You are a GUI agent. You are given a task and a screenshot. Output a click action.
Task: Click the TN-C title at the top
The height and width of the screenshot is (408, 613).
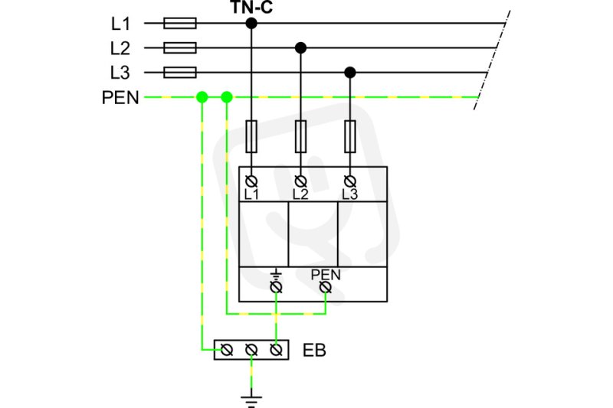coord(251,7)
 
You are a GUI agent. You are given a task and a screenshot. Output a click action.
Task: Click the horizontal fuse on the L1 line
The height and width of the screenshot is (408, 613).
coord(180,23)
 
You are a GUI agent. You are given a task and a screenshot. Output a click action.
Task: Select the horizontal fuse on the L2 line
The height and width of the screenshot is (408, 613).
coord(180,47)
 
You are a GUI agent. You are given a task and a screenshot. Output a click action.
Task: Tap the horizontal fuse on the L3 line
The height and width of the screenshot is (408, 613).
coord(180,72)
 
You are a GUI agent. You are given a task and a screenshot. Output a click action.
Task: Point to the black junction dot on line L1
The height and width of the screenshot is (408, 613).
coord(251,24)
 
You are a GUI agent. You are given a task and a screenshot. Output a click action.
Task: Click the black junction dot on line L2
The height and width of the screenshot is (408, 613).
coord(300,48)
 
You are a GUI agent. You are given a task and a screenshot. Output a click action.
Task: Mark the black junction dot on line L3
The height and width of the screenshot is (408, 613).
coord(350,73)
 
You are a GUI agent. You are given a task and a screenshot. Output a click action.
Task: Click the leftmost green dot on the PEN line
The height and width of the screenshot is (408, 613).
coord(202,96)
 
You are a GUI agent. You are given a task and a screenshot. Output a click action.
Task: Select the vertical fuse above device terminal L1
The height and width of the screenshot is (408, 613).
coord(251,136)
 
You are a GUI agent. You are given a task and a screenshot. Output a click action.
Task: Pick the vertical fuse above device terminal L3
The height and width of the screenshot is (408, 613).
coord(350,136)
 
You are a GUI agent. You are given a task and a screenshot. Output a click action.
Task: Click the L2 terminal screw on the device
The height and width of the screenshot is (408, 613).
coord(300,181)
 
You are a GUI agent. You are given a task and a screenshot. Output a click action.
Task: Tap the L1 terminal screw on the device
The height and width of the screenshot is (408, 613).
coord(251,181)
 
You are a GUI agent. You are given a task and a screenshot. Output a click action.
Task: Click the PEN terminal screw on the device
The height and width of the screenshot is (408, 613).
coord(325,288)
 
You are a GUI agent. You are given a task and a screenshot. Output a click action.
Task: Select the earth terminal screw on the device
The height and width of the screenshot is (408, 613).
coord(277,288)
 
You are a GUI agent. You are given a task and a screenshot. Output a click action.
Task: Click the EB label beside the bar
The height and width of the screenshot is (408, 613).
coord(314,351)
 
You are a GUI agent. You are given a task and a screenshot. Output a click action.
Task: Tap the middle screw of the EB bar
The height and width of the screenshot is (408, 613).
coord(251,350)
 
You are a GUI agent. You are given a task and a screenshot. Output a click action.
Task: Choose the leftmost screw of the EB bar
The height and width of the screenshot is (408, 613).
coord(227,350)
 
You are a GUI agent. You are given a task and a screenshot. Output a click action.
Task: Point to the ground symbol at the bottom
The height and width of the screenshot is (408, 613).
coord(251,400)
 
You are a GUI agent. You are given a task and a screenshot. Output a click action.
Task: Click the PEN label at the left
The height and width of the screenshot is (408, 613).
coord(120,97)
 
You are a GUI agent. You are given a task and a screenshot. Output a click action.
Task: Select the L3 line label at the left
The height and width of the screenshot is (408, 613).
coord(120,73)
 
